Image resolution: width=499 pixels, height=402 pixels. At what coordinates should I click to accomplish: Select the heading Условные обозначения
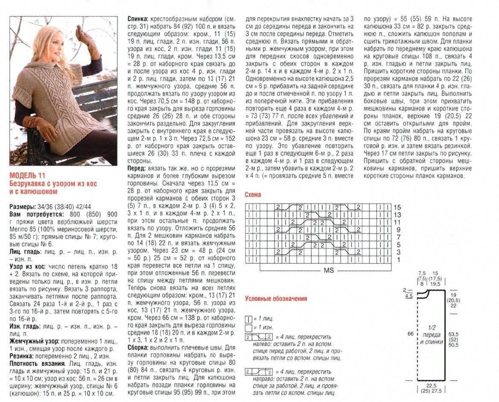pos(275,299)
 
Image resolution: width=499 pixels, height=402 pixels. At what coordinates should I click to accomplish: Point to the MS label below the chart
pos(328,270)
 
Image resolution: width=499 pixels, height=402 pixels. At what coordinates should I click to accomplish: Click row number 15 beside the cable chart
pos(397,207)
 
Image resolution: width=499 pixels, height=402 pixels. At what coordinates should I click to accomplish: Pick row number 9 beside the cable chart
pos(397,230)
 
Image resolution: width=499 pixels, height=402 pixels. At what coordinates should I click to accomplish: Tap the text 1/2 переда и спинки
pos(433,334)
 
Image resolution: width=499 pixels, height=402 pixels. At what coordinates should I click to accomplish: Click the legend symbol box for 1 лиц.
pos(248,319)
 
